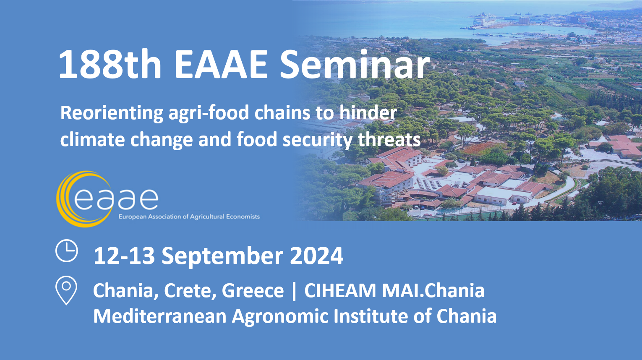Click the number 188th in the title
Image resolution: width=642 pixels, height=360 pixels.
point(110,65)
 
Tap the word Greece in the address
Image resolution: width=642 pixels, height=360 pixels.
point(253,290)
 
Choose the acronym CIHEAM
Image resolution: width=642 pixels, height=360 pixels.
point(340,290)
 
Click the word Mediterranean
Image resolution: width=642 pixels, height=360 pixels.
point(160,316)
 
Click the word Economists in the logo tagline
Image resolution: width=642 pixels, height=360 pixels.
point(243,217)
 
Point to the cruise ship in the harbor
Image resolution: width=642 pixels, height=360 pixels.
point(484,19)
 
